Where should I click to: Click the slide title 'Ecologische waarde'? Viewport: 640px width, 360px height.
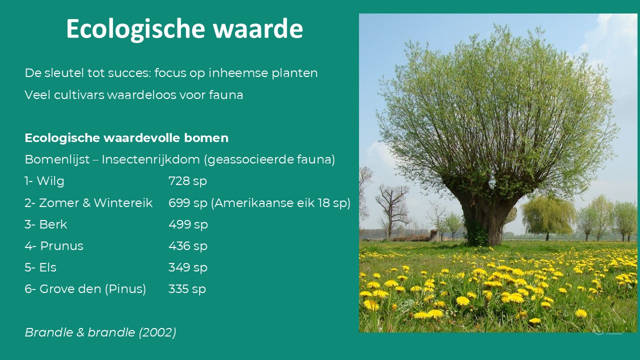(x=184, y=29)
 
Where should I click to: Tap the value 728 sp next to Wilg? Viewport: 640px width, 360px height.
(x=187, y=181)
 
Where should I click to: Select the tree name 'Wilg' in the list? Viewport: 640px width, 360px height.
(x=50, y=181)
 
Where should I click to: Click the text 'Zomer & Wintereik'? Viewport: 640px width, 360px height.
(x=95, y=203)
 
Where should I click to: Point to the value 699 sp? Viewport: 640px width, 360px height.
(x=187, y=203)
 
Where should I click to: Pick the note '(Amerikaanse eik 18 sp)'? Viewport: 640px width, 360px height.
(x=280, y=203)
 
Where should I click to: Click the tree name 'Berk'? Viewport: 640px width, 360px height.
(x=53, y=224)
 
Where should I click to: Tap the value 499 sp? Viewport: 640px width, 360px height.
(x=188, y=224)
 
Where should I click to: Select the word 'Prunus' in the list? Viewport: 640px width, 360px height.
(x=61, y=245)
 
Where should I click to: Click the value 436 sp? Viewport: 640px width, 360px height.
(x=187, y=246)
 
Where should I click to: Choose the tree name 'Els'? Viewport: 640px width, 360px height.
(x=47, y=267)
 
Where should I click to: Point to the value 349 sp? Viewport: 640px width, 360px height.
(x=187, y=267)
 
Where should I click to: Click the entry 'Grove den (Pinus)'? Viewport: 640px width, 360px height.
(x=93, y=289)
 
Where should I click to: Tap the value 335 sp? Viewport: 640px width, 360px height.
(x=187, y=289)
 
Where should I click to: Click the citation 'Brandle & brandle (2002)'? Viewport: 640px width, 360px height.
(x=100, y=332)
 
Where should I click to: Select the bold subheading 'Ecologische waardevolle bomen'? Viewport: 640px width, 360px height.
(x=126, y=138)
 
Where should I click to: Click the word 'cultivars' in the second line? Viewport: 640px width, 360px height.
(x=79, y=95)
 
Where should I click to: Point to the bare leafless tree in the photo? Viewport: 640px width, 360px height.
(x=392, y=211)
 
